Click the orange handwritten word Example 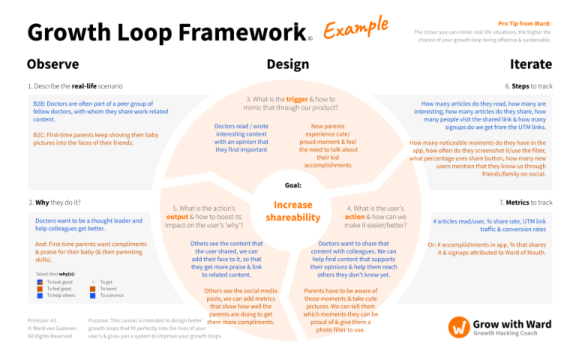[356, 28]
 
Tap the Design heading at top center [287, 64]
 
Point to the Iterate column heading [530, 64]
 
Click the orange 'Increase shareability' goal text [292, 211]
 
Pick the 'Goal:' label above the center [292, 184]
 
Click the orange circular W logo [459, 327]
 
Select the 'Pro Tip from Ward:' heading [524, 24]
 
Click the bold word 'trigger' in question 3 [297, 99]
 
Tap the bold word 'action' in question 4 [355, 217]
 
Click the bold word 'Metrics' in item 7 [517, 202]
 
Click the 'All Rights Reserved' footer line [49, 336]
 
